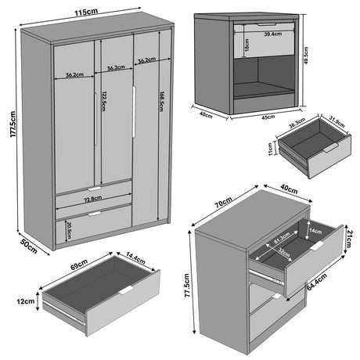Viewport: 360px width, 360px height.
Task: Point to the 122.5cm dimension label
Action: click(103, 101)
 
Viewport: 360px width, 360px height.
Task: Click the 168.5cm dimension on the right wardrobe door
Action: click(162, 103)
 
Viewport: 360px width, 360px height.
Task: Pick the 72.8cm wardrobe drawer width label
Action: click(93, 200)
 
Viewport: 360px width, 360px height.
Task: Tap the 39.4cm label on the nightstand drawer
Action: click(272, 34)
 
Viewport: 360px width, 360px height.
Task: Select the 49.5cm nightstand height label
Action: click(310, 56)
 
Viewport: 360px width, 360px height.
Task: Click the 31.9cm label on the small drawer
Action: click(333, 121)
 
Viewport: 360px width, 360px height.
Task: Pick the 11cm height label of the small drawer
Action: click(272, 146)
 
